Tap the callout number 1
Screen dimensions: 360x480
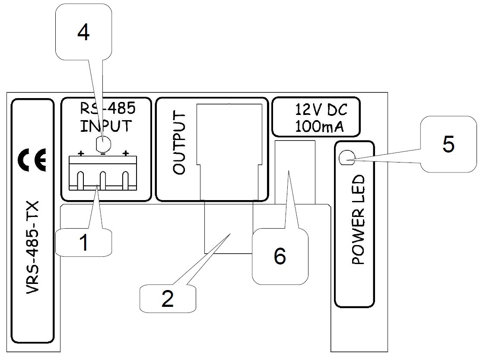tap(84, 243)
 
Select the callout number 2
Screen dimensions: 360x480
tap(167, 299)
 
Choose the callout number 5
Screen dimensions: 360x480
tap(448, 144)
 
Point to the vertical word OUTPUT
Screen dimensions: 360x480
tap(178, 143)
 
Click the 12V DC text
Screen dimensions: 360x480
tap(321, 110)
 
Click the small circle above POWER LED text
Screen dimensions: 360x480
tap(345, 159)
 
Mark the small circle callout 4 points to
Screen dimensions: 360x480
tap(103, 143)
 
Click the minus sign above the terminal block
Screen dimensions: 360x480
tap(103, 153)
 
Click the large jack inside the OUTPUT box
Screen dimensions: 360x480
tap(229, 151)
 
